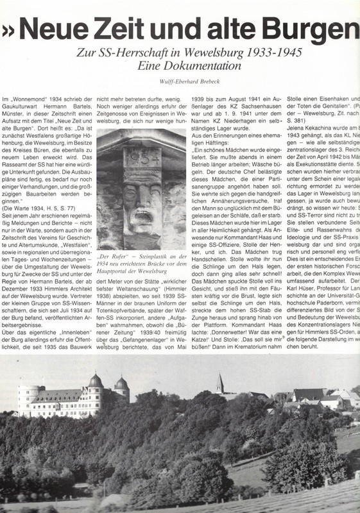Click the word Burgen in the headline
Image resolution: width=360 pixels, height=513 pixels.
[x=307, y=29]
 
